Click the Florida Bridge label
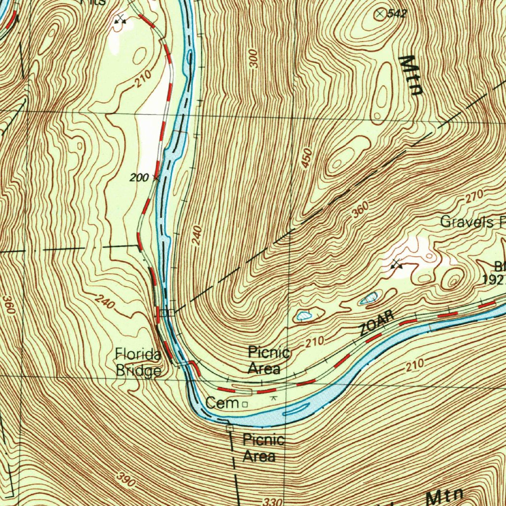click(x=138, y=363)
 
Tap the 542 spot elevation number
click(x=396, y=14)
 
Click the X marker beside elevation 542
click(x=380, y=14)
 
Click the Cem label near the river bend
click(x=222, y=403)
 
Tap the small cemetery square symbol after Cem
click(x=245, y=404)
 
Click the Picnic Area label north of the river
click(x=268, y=360)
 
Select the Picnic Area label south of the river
click(x=263, y=448)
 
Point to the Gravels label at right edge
click(x=467, y=221)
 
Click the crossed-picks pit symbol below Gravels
click(x=397, y=264)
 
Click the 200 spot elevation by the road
click(x=139, y=177)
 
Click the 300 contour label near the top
click(x=254, y=58)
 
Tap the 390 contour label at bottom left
click(x=126, y=477)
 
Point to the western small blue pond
click(x=303, y=315)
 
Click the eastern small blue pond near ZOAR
click(x=369, y=298)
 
